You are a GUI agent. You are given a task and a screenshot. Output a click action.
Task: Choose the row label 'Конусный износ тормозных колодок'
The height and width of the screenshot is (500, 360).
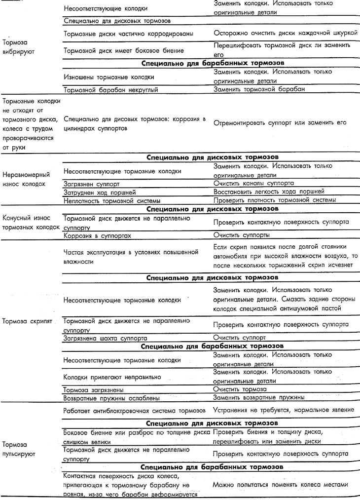coord(31,222)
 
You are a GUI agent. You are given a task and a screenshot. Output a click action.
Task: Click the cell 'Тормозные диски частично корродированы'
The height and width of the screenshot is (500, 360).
coord(128,33)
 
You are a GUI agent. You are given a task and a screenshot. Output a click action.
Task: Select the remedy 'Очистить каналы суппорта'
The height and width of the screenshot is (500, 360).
coord(253,182)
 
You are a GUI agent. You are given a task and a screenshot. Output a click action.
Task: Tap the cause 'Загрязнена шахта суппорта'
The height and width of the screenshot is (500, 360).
coord(105,338)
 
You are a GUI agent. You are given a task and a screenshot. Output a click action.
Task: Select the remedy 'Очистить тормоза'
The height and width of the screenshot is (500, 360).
coord(239,389)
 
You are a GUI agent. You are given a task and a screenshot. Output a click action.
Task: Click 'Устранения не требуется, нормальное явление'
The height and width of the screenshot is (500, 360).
coord(283,410)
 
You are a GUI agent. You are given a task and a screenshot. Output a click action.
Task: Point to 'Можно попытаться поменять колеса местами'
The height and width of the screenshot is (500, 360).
coord(281,485)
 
